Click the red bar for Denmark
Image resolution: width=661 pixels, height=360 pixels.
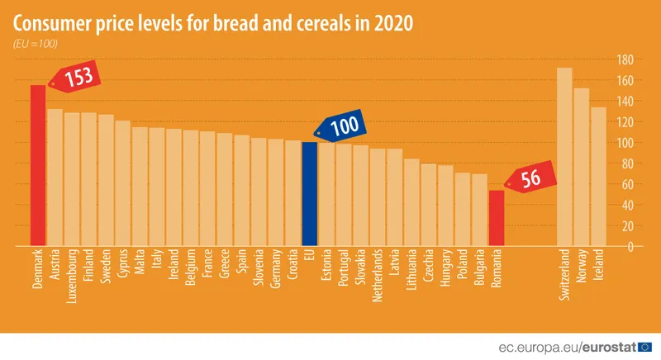pos(38,165)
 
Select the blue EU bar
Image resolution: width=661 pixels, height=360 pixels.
pos(309,194)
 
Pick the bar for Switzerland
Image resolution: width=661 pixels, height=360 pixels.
pos(565,157)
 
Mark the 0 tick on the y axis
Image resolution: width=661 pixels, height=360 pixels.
pos(630,247)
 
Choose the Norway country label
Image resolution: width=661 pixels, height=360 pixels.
pos(582,268)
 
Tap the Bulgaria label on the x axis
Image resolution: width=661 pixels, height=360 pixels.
pos(479,269)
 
